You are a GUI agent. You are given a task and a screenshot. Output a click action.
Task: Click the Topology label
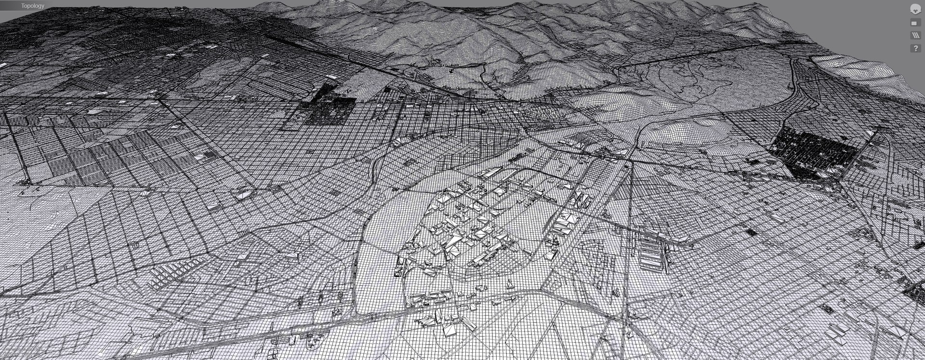[x=32, y=6]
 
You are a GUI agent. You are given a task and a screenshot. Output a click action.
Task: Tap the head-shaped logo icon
[x=915, y=9]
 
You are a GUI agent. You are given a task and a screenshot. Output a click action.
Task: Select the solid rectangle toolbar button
[x=915, y=23]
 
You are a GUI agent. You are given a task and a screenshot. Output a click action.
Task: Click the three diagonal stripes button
[x=915, y=36]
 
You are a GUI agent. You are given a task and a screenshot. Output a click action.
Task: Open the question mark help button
[x=915, y=49]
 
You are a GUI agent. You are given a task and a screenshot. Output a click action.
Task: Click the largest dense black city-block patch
[x=814, y=152]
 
